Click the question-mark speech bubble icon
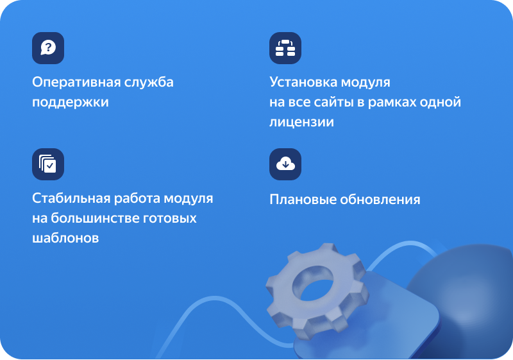click(48, 48)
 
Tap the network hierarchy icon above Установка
click(285, 48)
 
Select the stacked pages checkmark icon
click(48, 164)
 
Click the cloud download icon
click(285, 164)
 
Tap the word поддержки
click(71, 103)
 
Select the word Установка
click(303, 82)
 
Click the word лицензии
click(301, 123)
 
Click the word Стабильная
click(71, 198)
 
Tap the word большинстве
click(95, 218)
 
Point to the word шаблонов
click(65, 238)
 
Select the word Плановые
click(303, 200)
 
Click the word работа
click(137, 199)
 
